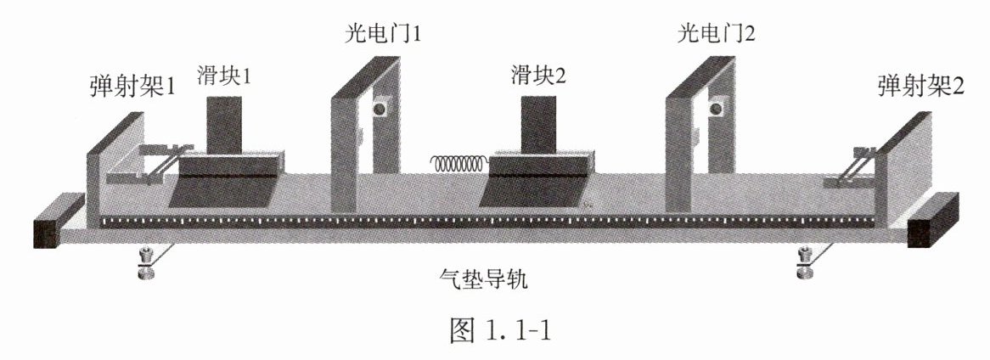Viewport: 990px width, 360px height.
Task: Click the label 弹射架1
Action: (x=132, y=87)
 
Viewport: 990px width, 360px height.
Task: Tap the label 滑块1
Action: (x=223, y=76)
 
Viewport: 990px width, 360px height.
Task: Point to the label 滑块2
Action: (x=538, y=76)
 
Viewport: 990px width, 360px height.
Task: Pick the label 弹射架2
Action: (x=921, y=87)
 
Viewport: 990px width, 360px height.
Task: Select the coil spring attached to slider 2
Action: (x=458, y=161)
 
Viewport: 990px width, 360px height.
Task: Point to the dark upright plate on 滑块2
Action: (x=538, y=124)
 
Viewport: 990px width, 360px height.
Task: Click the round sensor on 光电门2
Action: (x=718, y=108)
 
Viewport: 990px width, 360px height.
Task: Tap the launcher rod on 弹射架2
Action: (x=857, y=168)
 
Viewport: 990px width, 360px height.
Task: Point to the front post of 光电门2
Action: (x=679, y=153)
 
